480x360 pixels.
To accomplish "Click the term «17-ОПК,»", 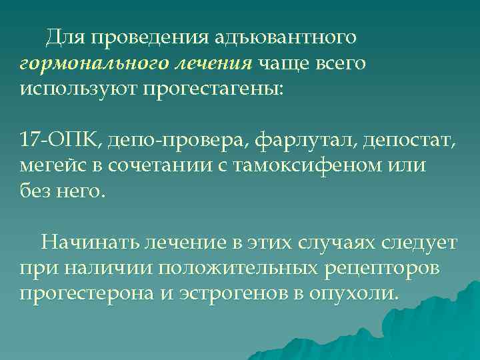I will coord(59,141).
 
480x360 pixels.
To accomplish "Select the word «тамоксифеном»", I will coord(308,166).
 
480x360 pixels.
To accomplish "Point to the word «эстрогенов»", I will coord(226,293).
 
